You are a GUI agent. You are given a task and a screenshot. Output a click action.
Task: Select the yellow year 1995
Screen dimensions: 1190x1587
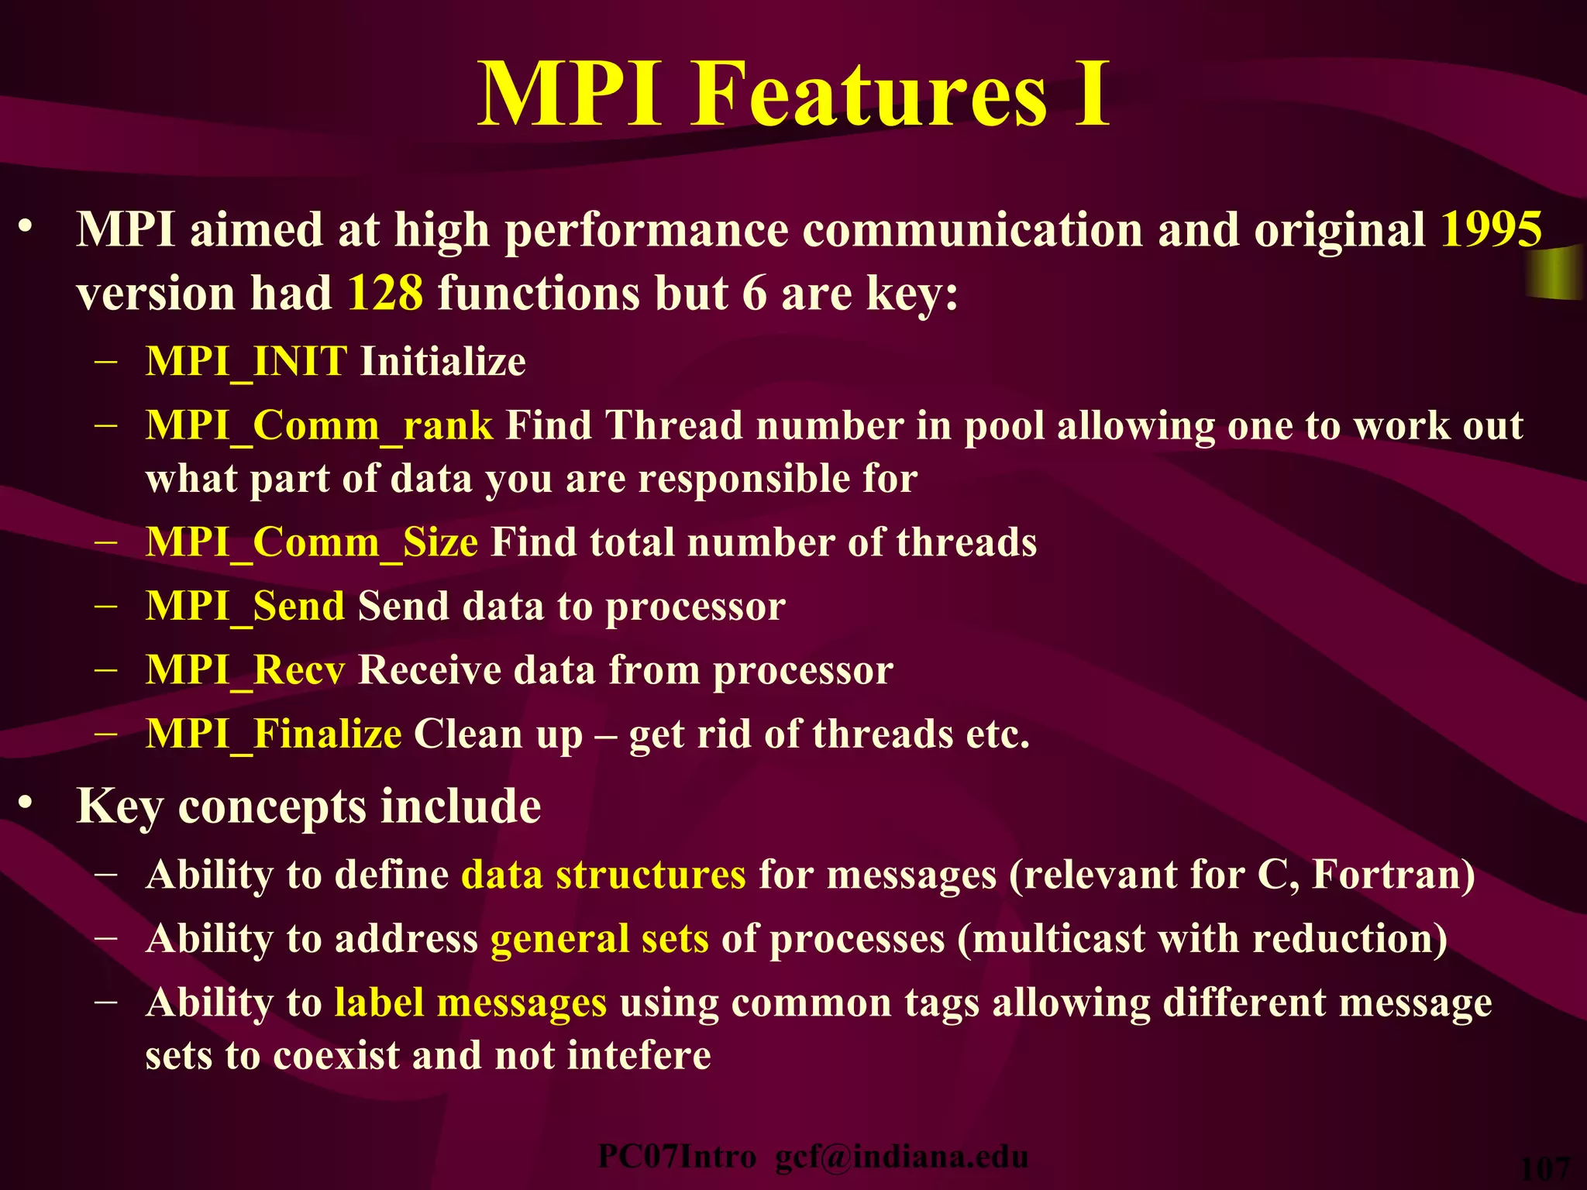(1491, 230)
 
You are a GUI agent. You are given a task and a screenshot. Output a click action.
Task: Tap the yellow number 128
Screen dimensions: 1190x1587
(385, 294)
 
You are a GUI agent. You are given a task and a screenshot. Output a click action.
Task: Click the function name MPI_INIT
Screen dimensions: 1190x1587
(246, 362)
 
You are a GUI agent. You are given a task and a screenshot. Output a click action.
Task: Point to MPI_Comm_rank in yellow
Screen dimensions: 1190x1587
(318, 426)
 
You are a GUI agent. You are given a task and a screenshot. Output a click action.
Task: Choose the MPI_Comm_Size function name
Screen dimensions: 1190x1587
(312, 542)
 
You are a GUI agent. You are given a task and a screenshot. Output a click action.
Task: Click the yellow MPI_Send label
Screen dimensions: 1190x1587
(245, 606)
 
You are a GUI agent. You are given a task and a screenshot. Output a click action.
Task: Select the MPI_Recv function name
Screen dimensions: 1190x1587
(245, 670)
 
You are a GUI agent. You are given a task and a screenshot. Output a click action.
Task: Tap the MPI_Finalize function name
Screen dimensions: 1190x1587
(274, 734)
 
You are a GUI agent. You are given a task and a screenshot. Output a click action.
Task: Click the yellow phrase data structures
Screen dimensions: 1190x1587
(604, 875)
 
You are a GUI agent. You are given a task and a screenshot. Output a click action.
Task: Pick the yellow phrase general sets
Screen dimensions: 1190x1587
(599, 939)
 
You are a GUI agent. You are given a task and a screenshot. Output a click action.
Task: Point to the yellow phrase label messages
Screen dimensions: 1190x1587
(470, 1003)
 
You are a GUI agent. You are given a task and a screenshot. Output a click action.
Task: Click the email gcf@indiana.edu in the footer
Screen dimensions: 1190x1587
(901, 1157)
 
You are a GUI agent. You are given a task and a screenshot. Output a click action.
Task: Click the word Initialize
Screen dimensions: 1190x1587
(443, 362)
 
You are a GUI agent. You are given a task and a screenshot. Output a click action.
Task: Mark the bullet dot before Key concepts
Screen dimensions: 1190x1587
(26, 803)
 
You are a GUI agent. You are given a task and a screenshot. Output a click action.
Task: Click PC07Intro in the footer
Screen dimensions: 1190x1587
(676, 1157)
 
